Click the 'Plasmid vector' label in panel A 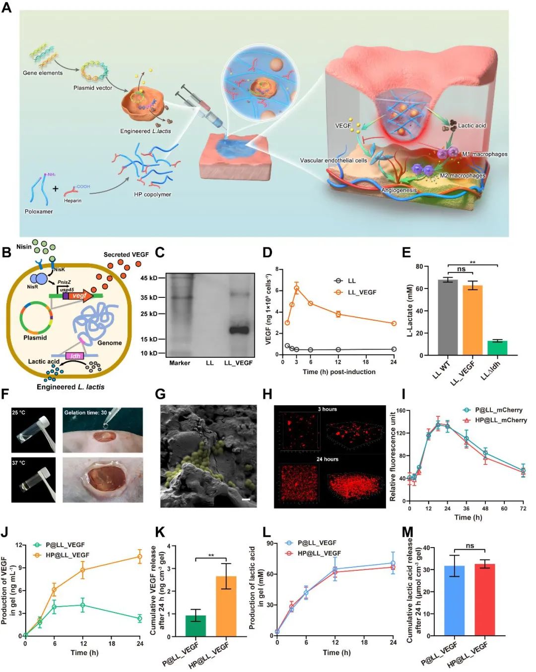(x=93, y=88)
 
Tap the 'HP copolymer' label (x=152, y=194)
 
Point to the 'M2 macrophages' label (x=463, y=175)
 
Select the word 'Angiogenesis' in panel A (x=399, y=190)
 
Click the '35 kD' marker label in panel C (x=148, y=297)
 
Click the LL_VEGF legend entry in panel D (x=362, y=292)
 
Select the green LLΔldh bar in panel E (x=497, y=348)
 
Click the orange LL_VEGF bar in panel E (x=472, y=320)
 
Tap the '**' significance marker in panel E (x=472, y=263)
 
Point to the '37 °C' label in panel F (x=19, y=463)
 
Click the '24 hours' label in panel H (x=328, y=459)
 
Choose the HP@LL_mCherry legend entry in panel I (x=501, y=420)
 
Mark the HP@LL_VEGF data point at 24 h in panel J (x=139, y=557)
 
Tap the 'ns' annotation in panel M (x=470, y=546)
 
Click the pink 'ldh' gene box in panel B (x=75, y=356)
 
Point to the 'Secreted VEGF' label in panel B (x=126, y=255)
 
